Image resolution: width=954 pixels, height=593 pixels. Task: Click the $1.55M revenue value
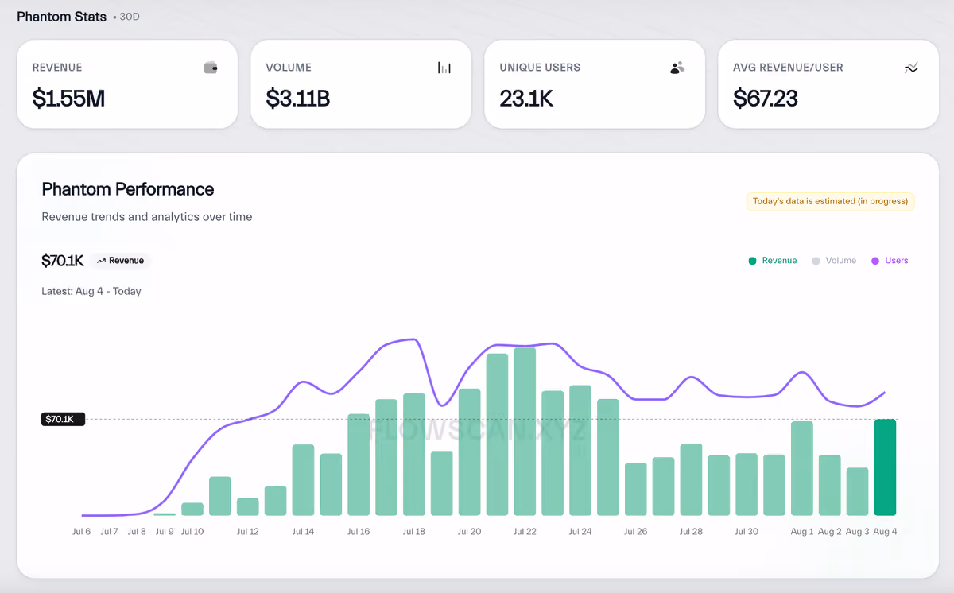[68, 99]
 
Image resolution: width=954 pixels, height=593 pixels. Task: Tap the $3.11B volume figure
[297, 99]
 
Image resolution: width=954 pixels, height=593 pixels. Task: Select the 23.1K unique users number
[526, 99]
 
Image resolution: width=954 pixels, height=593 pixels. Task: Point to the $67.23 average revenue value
[766, 99]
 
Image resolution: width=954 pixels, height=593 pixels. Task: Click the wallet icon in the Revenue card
[211, 68]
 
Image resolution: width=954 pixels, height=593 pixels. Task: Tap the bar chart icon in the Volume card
[444, 68]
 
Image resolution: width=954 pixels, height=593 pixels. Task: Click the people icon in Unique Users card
[677, 68]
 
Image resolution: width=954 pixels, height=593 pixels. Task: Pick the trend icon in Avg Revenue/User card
[911, 68]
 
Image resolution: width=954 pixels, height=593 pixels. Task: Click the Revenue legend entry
[773, 261]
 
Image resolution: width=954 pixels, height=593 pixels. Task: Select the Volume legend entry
[834, 261]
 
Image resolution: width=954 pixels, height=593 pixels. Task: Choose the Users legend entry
[890, 261]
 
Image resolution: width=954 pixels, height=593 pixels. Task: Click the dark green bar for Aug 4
[885, 467]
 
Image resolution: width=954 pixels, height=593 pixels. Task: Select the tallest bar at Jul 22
[525, 432]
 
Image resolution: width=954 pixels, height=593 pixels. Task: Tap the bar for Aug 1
[802, 468]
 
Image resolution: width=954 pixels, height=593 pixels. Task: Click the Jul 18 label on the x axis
[414, 531]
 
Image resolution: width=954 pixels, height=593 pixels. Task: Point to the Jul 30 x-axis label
[747, 531]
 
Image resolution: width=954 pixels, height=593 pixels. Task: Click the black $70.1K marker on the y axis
[63, 419]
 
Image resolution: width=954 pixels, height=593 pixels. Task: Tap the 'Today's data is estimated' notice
[830, 201]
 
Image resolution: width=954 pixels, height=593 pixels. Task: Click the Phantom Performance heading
[128, 189]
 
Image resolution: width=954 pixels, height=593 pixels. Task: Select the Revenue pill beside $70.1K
[120, 261]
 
